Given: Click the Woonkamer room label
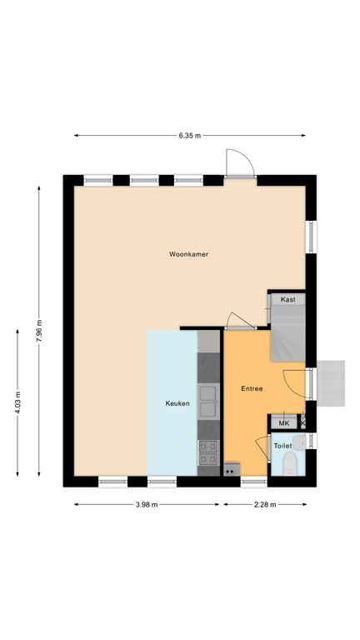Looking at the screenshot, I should click(187, 254).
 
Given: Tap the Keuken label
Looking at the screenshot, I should click(177, 404).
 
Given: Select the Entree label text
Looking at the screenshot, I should click(252, 388).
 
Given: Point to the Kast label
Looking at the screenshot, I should click(287, 299).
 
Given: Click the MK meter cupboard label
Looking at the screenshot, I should click(283, 423).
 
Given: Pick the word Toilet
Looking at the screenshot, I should click(283, 447).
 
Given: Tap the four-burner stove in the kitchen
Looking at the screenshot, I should click(207, 452).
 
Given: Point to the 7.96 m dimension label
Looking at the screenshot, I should click(38, 331).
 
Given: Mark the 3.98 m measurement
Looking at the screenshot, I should click(147, 504).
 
